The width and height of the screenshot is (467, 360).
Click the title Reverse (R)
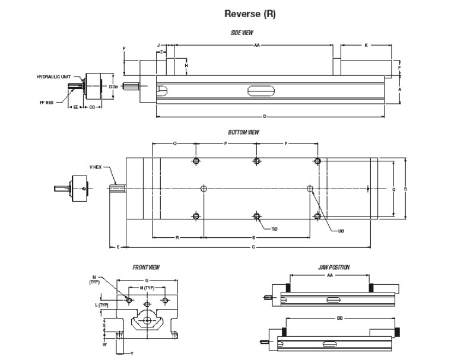coord(250,14)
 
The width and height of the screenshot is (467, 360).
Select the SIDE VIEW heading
coord(242,33)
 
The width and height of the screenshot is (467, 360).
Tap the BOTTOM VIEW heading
coord(243,132)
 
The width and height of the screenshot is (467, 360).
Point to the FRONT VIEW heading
coord(146,267)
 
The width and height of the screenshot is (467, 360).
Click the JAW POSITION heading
coord(334,267)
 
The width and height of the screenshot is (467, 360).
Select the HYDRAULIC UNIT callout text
coord(53,77)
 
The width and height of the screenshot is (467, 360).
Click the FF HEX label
coord(46,102)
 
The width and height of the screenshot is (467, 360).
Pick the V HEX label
coord(96,167)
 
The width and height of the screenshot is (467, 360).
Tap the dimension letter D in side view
coord(265,117)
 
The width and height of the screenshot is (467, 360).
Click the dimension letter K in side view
coord(366,45)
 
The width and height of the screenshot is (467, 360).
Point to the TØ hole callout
coord(274,228)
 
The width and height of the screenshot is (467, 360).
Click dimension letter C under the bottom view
coord(254,246)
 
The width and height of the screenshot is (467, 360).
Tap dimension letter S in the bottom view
coord(254,237)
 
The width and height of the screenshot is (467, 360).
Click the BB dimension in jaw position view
coord(339,318)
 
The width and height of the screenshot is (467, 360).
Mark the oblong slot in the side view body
coord(262,91)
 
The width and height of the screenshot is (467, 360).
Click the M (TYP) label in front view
coord(147,288)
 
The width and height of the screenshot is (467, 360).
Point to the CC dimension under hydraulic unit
coord(92,107)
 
